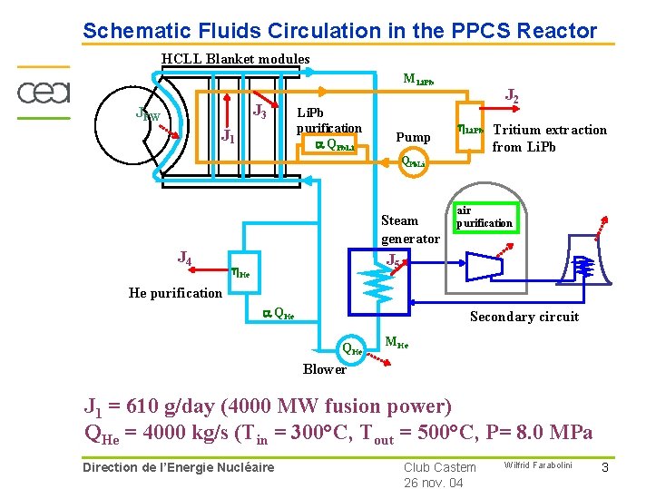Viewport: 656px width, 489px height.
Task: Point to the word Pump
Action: coord(413,137)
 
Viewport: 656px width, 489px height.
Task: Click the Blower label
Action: coord(325,369)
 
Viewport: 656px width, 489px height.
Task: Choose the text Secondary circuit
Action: coord(524,317)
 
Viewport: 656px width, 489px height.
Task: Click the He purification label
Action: coord(175,293)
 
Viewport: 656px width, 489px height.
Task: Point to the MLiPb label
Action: coord(418,80)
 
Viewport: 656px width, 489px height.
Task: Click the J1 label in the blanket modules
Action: coord(228,138)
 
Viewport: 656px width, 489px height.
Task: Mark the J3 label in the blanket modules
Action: coord(259,112)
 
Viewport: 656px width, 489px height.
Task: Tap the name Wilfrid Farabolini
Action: coord(538,465)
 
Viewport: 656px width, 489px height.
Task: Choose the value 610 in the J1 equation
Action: coord(148,406)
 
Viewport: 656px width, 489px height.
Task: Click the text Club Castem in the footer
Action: coord(440,467)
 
